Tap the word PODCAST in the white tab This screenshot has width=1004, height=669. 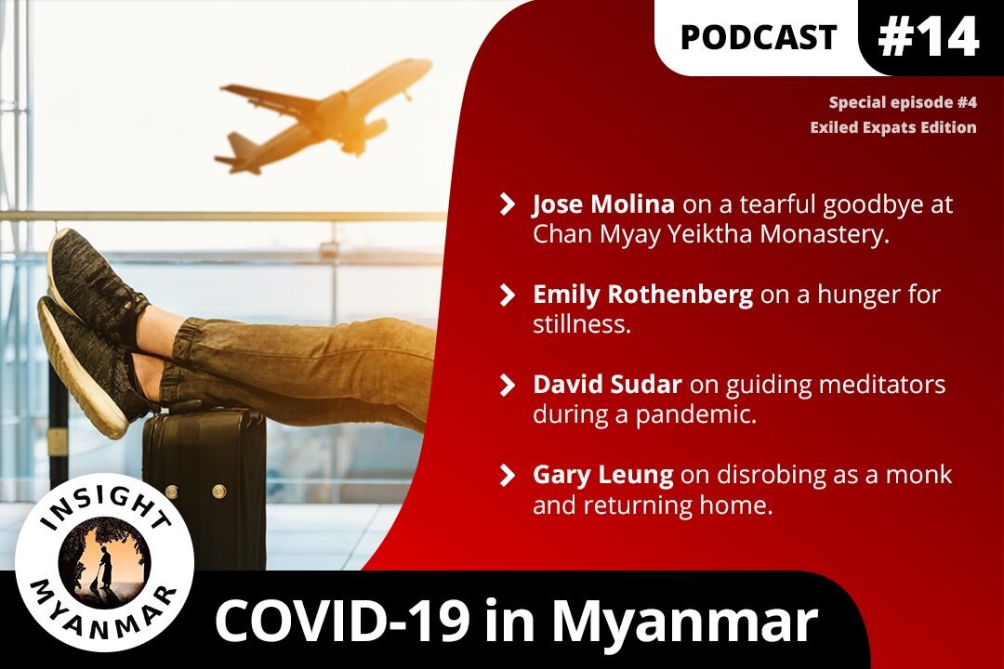tap(759, 37)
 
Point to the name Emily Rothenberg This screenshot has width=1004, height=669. tap(642, 295)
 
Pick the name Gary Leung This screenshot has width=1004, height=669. tap(602, 474)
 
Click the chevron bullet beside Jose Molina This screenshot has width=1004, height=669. tap(508, 204)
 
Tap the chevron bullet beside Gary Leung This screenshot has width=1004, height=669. tap(508, 475)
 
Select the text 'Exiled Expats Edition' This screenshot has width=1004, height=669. tap(892, 127)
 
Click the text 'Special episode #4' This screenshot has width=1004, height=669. tap(902, 103)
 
